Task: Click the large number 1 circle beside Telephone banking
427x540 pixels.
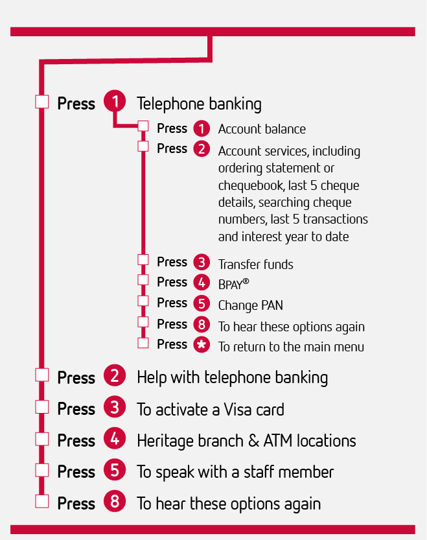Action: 115,101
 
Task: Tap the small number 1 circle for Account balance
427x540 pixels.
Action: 202,129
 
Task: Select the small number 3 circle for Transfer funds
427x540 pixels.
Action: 202,262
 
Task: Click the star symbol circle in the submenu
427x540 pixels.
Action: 202,344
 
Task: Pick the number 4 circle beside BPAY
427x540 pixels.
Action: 202,283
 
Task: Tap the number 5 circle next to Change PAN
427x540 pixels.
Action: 202,303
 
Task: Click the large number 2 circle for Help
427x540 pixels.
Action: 115,375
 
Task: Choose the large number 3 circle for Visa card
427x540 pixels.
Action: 115,406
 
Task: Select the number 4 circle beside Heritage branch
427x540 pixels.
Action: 115,438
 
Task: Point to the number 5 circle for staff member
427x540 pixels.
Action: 115,470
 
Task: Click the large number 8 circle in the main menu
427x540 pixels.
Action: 115,501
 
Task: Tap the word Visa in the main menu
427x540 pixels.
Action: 237,410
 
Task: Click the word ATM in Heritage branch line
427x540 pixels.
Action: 278,441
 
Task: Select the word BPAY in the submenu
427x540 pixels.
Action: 231,285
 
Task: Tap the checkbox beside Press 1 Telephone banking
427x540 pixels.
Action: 42,102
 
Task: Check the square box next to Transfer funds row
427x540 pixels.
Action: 143,260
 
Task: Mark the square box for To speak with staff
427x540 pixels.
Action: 42,470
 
